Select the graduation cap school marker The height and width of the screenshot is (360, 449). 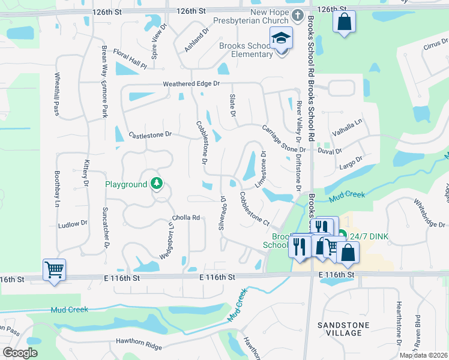[281, 38]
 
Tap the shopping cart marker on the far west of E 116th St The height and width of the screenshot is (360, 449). [54, 269]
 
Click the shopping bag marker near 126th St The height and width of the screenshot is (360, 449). [344, 23]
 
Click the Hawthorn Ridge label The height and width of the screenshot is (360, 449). [137, 347]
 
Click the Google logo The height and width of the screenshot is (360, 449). [20, 353]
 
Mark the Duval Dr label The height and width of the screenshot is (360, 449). [330, 152]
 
